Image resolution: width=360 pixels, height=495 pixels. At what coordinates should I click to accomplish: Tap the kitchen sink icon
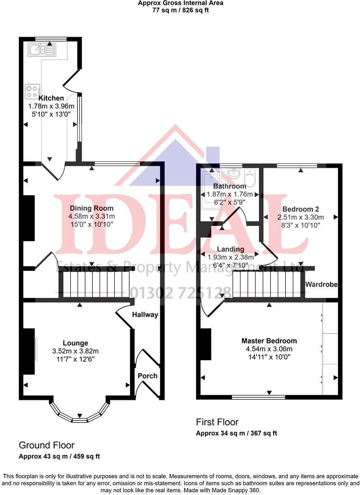pyautogui.click(x=42, y=48)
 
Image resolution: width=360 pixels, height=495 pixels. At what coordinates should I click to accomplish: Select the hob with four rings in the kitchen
pyautogui.click(x=33, y=90)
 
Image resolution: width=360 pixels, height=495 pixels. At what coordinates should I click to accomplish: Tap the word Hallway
pyautogui.click(x=145, y=315)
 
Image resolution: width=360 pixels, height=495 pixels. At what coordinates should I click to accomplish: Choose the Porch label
pyautogui.click(x=148, y=376)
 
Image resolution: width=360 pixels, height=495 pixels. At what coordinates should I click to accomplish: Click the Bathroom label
pyautogui.click(x=230, y=186)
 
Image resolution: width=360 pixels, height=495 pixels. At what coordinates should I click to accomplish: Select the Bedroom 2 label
pyautogui.click(x=299, y=209)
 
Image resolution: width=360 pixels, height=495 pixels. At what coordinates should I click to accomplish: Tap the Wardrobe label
pyautogui.click(x=321, y=285)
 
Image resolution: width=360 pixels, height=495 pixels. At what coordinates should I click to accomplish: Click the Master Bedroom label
pyautogui.click(x=269, y=341)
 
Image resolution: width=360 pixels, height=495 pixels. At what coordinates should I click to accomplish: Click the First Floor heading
pyautogui.click(x=217, y=422)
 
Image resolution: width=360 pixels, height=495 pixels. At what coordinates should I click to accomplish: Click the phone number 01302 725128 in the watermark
pyautogui.click(x=180, y=292)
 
